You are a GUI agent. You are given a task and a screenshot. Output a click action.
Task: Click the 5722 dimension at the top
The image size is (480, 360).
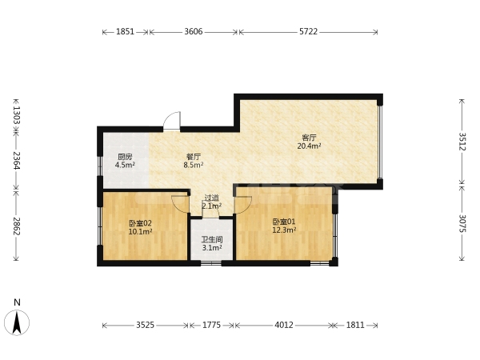coord(308,31)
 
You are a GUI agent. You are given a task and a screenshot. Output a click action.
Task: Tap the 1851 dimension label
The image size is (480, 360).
coord(126,31)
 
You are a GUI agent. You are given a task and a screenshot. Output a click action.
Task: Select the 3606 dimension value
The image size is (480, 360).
coord(194,31)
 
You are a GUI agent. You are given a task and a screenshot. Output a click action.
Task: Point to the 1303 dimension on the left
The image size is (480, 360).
coord(17,115)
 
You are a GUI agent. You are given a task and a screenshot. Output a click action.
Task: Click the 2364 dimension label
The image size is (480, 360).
coord(17,161)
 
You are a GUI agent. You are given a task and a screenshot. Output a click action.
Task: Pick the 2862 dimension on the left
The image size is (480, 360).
coord(17,226)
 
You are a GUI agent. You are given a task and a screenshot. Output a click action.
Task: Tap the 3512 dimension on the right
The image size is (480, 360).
coord(462,142)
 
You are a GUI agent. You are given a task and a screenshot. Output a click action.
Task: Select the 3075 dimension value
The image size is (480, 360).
coord(462,224)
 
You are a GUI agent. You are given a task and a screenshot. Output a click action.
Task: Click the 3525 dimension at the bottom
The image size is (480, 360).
coord(145,325)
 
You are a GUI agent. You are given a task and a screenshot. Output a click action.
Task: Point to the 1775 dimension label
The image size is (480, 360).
coord(211,325)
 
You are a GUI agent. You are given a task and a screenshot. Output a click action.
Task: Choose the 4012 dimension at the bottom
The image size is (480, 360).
coord(284,325)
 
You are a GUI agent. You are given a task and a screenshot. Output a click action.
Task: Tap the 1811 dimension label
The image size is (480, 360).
coord(355,325)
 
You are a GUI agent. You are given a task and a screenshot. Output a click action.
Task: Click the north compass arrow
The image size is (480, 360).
coord(17,322)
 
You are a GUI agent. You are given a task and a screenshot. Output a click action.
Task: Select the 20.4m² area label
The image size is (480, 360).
coord(309,146)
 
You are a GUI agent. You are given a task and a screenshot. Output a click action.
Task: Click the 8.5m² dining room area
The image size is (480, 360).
coord(194,166)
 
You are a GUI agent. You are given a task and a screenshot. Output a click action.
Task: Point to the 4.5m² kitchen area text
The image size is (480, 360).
coord(126,166)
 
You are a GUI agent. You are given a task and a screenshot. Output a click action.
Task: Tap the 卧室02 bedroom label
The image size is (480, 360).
coord(140,223)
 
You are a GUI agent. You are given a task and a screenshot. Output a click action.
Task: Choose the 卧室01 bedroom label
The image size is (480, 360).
coord(284,222)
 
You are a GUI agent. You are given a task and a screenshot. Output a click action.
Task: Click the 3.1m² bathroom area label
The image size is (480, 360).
coord(212,248)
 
